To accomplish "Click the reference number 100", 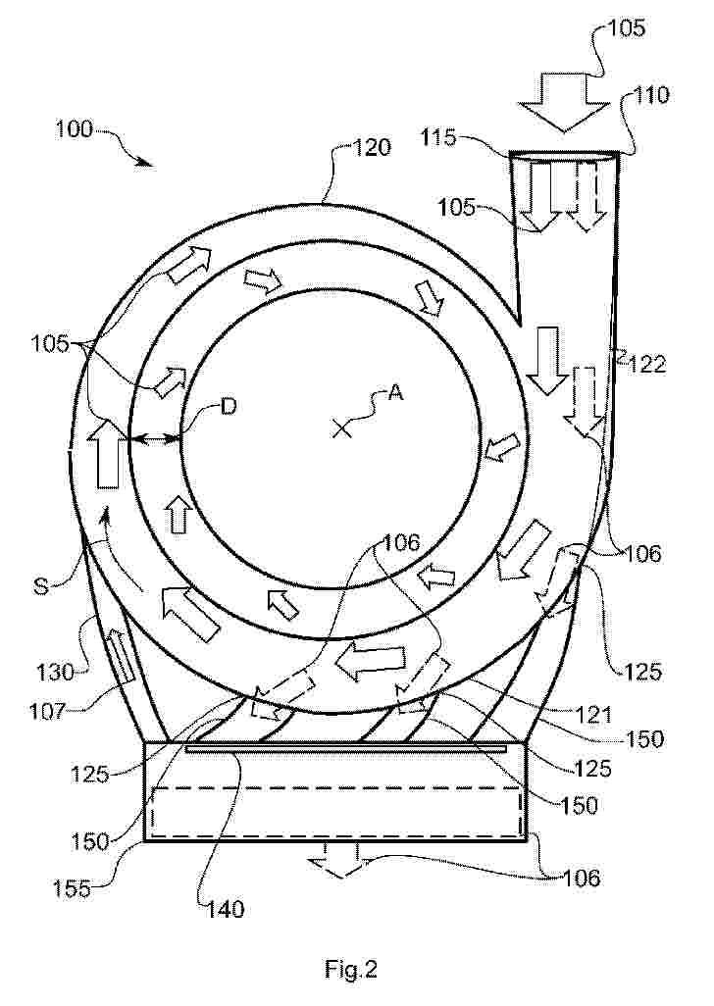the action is [74, 129].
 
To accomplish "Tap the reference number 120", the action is [372, 147].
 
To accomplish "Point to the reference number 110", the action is [652, 95].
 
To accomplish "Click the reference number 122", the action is [646, 365].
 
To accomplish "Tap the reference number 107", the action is [50, 710].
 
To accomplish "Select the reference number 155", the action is [72, 890].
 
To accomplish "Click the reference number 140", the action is [226, 909].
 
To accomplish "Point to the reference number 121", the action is [594, 714].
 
